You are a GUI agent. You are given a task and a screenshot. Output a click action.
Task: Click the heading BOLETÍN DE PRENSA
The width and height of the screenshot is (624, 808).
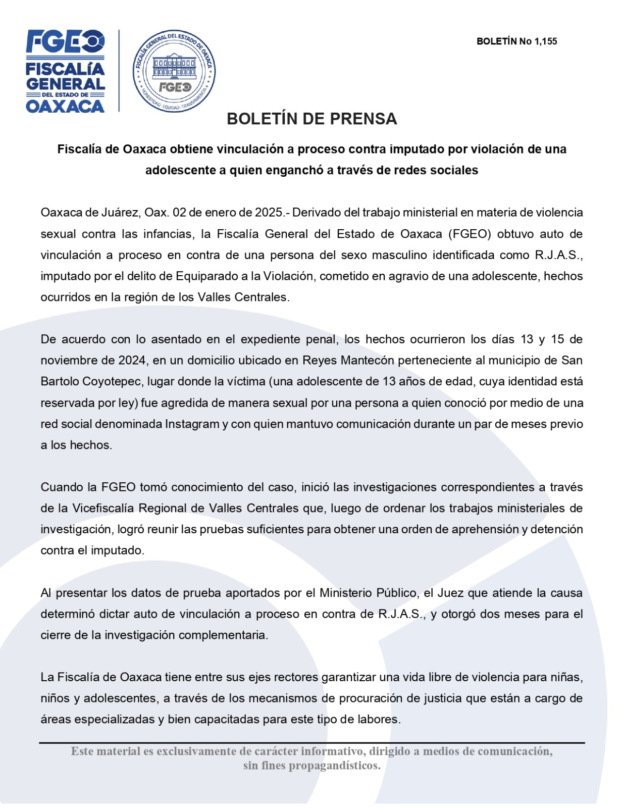pyautogui.click(x=311, y=119)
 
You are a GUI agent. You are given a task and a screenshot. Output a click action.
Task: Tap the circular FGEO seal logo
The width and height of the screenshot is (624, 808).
pyautogui.click(x=174, y=71)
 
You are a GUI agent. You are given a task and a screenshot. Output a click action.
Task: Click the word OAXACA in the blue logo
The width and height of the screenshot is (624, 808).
pyautogui.click(x=65, y=106)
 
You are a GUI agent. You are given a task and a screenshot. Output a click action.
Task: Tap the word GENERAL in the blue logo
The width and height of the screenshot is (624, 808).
pyautogui.click(x=65, y=84)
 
